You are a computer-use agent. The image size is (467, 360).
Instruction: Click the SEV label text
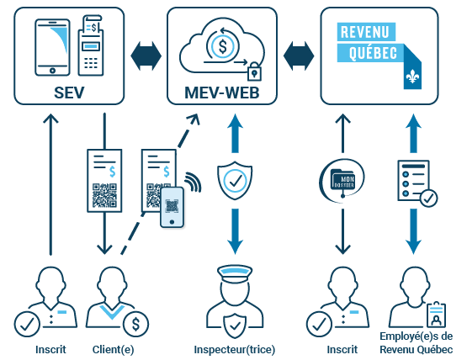click(x=69, y=93)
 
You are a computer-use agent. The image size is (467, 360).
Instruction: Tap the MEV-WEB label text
click(x=222, y=93)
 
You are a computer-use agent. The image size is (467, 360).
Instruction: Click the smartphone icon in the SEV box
click(x=52, y=47)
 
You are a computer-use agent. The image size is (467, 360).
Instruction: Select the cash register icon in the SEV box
click(x=91, y=45)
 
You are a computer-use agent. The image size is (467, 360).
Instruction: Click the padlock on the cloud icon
click(x=254, y=71)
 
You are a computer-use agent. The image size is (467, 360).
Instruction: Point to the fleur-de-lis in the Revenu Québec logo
click(x=412, y=77)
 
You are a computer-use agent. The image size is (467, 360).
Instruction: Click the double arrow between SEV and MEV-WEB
click(x=146, y=56)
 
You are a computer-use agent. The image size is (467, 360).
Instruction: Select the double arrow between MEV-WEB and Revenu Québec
click(x=299, y=56)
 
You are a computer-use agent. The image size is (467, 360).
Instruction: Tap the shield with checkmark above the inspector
click(x=235, y=180)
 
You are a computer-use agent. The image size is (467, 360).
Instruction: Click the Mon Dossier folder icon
click(x=342, y=180)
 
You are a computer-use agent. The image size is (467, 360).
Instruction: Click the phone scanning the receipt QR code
click(x=172, y=207)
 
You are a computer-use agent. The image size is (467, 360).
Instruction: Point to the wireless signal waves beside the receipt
click(x=193, y=182)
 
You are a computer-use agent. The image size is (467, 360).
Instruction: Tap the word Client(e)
click(x=114, y=349)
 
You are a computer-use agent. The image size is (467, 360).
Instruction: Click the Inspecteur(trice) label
click(x=235, y=349)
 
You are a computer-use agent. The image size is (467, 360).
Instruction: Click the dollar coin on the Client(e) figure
click(x=135, y=325)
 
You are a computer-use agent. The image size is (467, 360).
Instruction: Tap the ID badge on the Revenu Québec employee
click(x=437, y=315)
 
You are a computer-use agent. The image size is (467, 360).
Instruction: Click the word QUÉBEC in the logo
click(x=373, y=53)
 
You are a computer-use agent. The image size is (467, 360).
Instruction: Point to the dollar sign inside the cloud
click(x=222, y=46)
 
